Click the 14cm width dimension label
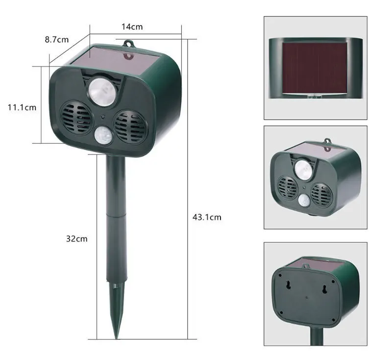pyautogui.click(x=132, y=27)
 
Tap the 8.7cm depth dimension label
pyautogui.click(x=57, y=40)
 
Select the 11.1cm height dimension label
pyautogui.click(x=22, y=107)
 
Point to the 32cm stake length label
pyautogui.click(x=77, y=239)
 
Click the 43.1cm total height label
pyautogui.click(x=207, y=217)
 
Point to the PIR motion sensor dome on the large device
pyautogui.click(x=103, y=135)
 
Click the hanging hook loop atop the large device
pyautogui.click(x=128, y=44)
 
